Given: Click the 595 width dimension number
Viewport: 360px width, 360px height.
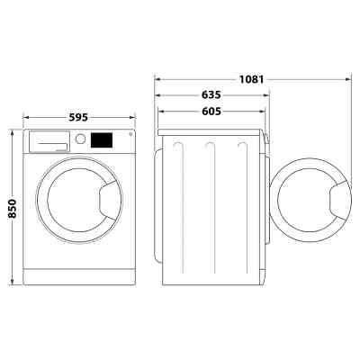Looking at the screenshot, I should coord(79,116).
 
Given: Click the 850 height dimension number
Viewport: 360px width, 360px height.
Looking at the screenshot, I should coord(12,206).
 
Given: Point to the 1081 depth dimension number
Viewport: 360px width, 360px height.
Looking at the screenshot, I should coord(251,79).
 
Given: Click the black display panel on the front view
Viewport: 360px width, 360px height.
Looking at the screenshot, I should coord(102,140).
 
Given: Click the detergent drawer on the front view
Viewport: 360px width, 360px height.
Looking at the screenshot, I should coord(51,140).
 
